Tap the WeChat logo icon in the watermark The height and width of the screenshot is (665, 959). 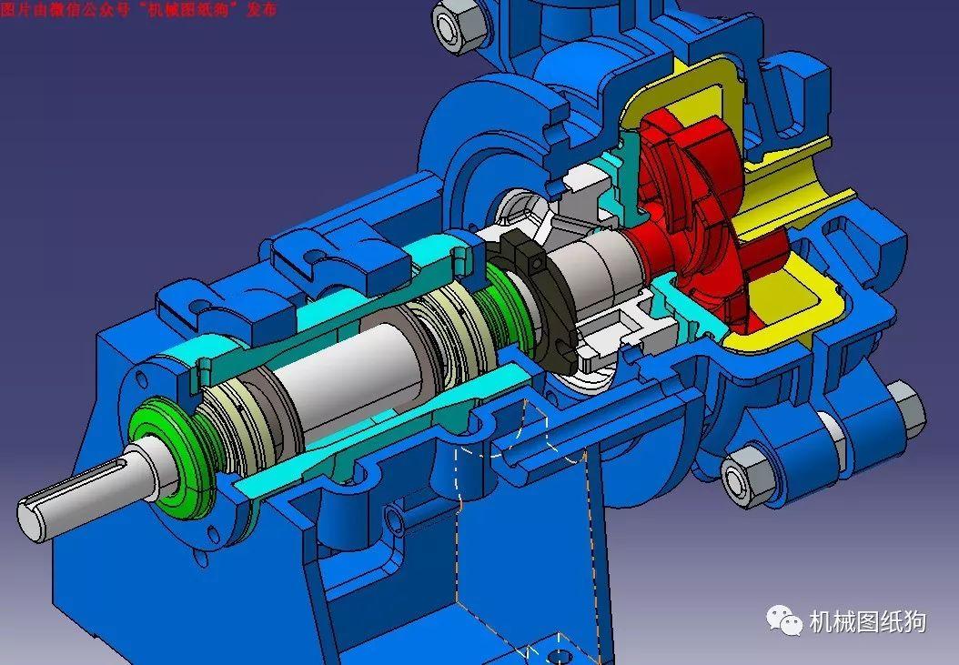(784, 621)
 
